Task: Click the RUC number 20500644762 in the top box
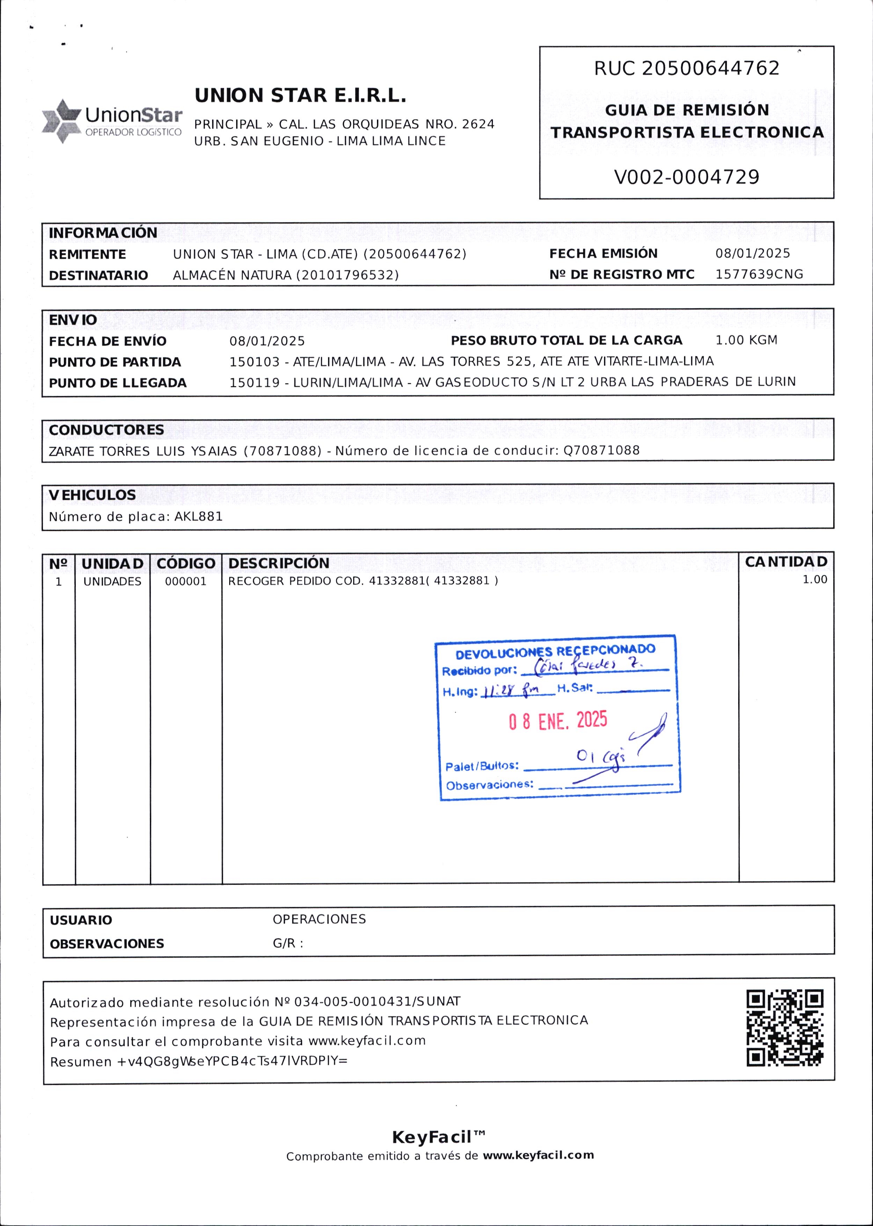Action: pos(710,68)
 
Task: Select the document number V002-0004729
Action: pos(686,177)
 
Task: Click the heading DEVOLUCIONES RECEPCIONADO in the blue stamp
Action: pos(555,651)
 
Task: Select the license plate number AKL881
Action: pos(198,517)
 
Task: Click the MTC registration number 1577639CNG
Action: pos(758,274)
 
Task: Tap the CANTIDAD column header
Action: pos(786,562)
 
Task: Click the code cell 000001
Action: pos(185,581)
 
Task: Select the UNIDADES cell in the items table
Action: pos(112,581)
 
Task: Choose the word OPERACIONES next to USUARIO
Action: pos(319,919)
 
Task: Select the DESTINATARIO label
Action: pos(99,275)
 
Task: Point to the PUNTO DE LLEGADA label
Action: pos(118,383)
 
